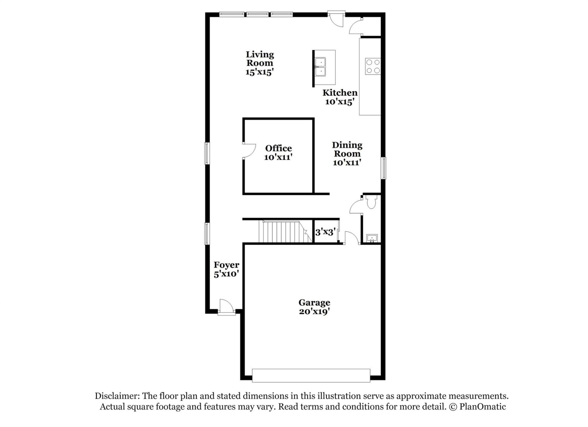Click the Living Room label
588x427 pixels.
click(x=260, y=59)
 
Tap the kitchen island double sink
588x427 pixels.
click(x=320, y=67)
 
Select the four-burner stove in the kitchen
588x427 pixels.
click(x=373, y=66)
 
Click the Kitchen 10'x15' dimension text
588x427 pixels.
click(x=340, y=102)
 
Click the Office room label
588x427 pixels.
click(x=278, y=148)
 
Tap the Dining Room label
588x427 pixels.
click(x=347, y=149)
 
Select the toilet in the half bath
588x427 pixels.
click(x=371, y=202)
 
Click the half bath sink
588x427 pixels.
click(x=372, y=238)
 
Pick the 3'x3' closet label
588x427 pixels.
click(x=325, y=232)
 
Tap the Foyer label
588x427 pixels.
click(x=226, y=265)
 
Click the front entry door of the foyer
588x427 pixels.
click(x=226, y=307)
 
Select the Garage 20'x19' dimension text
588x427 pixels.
click(x=314, y=312)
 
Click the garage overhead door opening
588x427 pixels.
click(x=311, y=376)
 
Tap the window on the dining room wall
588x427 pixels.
click(x=383, y=168)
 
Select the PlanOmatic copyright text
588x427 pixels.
click(x=477, y=406)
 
